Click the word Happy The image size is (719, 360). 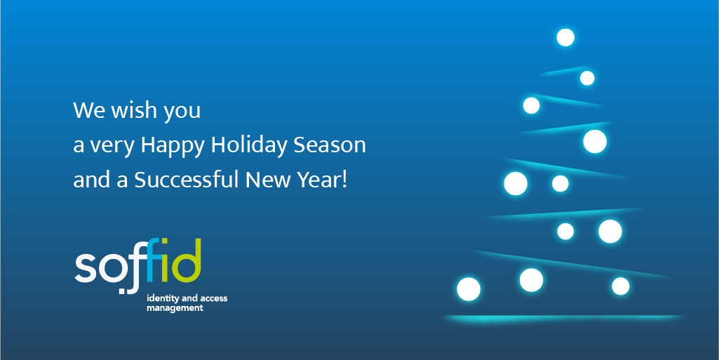[x=173, y=146]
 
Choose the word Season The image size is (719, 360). [x=330, y=145]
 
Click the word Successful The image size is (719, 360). [x=187, y=180]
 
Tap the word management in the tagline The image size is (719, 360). [x=175, y=309]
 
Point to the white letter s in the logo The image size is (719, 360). [x=85, y=268]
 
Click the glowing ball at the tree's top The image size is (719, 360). [x=565, y=38]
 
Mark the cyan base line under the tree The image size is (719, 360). [x=563, y=317]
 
